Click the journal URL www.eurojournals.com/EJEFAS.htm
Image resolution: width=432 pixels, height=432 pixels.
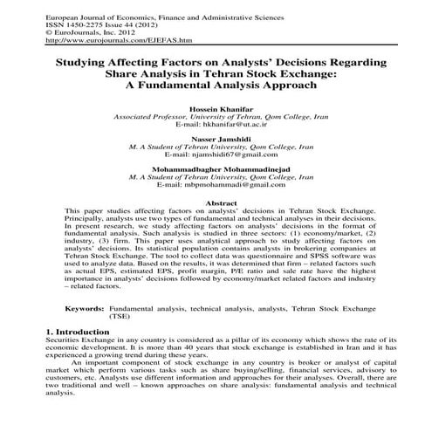pyautogui.click(x=118, y=40)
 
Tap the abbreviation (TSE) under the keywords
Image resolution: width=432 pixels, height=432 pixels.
pyautogui.click(x=120, y=317)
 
